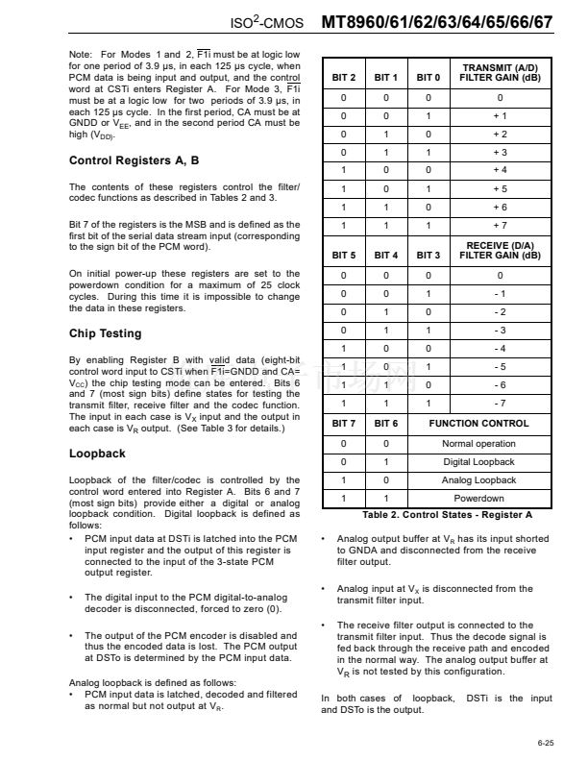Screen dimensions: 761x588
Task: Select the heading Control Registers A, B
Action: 135,160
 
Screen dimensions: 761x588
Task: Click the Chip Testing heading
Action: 105,333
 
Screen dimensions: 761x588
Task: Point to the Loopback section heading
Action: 97,454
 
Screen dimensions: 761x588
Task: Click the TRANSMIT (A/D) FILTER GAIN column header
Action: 500,72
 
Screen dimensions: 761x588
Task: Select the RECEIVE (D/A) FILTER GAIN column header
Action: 500,251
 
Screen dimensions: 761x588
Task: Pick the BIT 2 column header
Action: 344,77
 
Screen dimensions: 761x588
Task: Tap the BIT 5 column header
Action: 344,256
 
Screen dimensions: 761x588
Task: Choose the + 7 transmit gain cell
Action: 500,225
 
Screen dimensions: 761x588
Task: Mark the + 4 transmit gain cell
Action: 500,170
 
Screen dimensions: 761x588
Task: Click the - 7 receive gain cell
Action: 500,403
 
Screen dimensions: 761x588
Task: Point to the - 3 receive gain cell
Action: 500,330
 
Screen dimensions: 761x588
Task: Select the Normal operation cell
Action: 478,444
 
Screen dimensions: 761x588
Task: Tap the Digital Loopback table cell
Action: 478,462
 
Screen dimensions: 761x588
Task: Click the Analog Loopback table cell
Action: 478,480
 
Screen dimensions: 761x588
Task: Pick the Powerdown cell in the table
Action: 478,499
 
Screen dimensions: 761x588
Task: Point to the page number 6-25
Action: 545,743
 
